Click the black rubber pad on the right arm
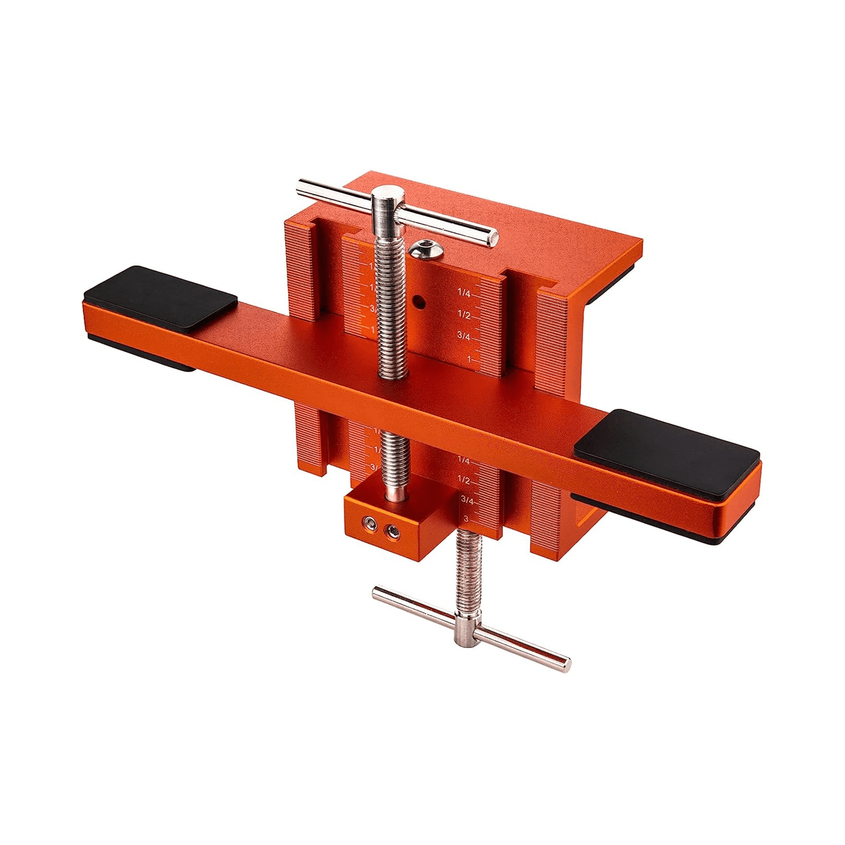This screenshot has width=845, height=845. [666, 442]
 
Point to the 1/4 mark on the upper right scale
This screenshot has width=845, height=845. [464, 292]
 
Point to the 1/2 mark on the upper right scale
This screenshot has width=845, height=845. [464, 314]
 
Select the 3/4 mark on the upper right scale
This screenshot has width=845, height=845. [464, 336]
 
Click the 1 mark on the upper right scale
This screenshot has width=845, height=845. [469, 359]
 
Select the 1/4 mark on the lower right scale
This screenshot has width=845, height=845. [463, 461]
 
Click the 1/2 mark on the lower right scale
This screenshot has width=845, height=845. [463, 480]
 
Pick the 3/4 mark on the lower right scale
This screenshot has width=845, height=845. [466, 499]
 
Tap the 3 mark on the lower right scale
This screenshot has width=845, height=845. [466, 518]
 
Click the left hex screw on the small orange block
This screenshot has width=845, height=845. [368, 522]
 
